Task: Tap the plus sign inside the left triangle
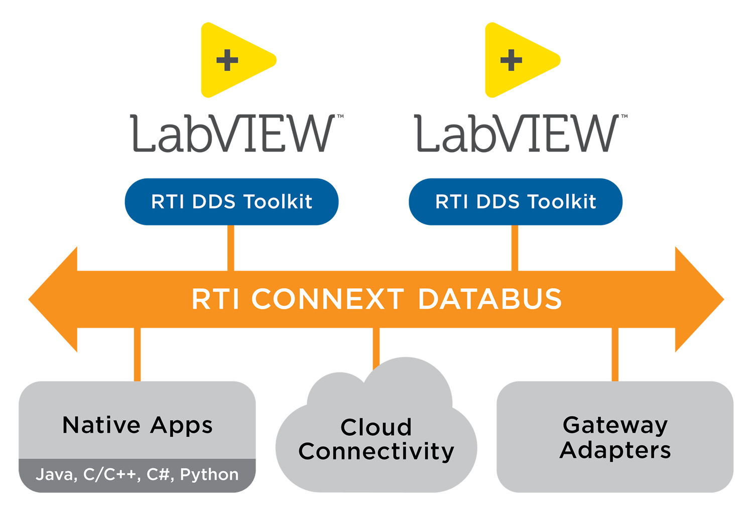pos(227,61)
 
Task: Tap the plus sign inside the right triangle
pos(511,61)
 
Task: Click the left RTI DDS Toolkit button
pos(231,202)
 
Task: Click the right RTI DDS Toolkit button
pos(516,202)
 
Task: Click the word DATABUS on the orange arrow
pos(489,300)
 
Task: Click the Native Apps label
pos(138,426)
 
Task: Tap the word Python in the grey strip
pos(209,475)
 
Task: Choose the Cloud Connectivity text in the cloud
pos(376,440)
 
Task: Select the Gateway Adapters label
pos(615,438)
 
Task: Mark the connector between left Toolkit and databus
pos(230,248)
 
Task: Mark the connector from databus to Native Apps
pos(137,354)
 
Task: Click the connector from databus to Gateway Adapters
pos(615,354)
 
